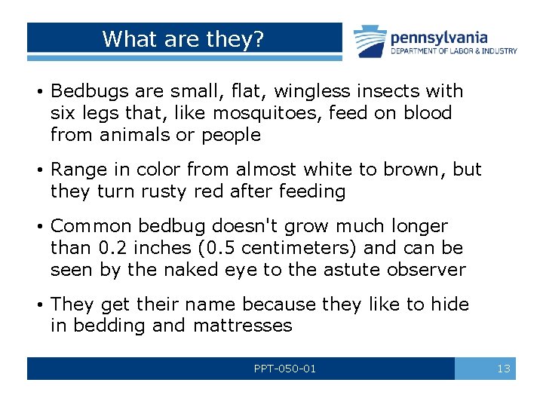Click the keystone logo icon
[x=370, y=41]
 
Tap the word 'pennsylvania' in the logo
[x=438, y=37]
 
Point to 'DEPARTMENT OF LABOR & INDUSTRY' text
[x=453, y=51]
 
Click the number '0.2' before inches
[x=114, y=248]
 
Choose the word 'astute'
[x=353, y=270]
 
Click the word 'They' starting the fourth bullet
[x=72, y=304]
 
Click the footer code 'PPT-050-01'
[x=285, y=369]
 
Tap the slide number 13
[x=504, y=369]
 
